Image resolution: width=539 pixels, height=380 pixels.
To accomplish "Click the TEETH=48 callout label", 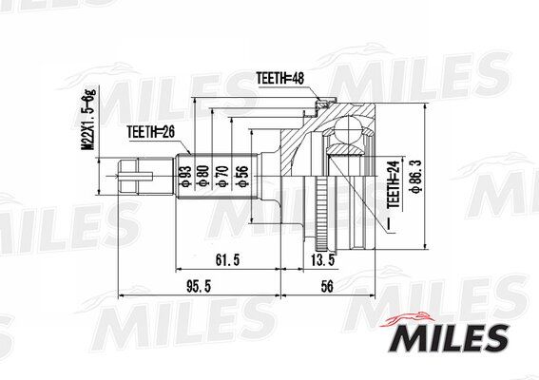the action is pyautogui.click(x=280, y=78).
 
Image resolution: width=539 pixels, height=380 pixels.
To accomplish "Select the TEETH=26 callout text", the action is pyautogui.click(x=151, y=132).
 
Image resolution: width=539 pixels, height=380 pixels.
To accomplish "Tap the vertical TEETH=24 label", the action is pyautogui.click(x=394, y=184).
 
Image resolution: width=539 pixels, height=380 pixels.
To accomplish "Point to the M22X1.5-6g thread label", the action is pyautogui.click(x=89, y=119).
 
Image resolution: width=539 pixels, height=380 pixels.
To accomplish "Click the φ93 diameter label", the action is pyautogui.click(x=185, y=176).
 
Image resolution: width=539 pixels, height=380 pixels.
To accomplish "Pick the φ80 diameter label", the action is pyautogui.click(x=204, y=176).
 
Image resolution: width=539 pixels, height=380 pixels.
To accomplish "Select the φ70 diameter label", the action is pyautogui.click(x=223, y=176).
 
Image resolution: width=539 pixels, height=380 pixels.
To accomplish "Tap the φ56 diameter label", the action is pyautogui.click(x=242, y=177).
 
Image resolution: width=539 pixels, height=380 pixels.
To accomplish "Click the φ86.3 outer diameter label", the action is pyautogui.click(x=415, y=177).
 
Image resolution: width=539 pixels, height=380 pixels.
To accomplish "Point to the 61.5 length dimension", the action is pyautogui.click(x=227, y=260).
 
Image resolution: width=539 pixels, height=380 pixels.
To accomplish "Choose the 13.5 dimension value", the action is pyautogui.click(x=323, y=260).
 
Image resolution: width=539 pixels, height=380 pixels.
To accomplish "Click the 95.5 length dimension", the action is pyautogui.click(x=199, y=287).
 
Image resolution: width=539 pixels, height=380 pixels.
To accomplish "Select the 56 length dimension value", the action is pyautogui.click(x=327, y=287).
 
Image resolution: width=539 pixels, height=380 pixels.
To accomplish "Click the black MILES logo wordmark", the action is pyautogui.click(x=450, y=338).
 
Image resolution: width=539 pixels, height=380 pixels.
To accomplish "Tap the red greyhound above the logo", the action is pyautogui.click(x=408, y=319).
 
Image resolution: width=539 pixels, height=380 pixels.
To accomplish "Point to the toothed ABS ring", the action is pyautogui.click(x=321, y=213).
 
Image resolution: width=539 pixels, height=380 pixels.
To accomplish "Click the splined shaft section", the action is pyautogui.click(x=218, y=176).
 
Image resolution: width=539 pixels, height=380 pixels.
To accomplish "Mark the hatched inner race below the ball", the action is pyautogui.click(x=346, y=149).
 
